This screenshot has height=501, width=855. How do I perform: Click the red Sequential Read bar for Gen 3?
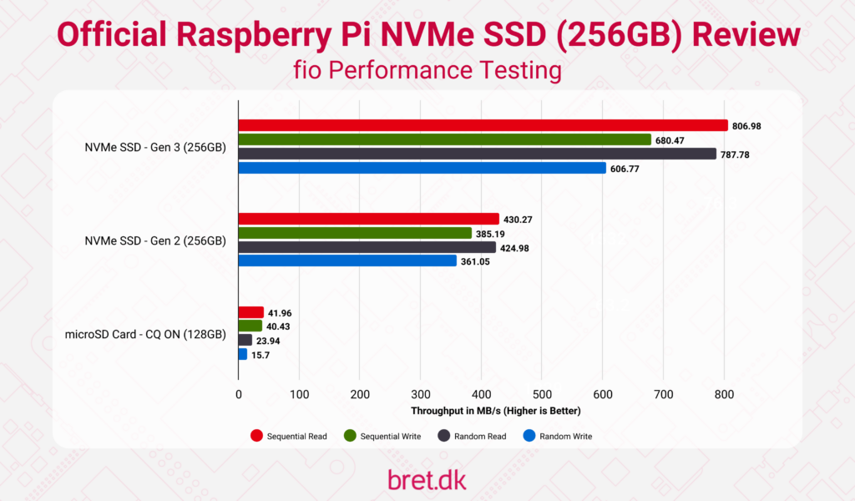[x=483, y=126]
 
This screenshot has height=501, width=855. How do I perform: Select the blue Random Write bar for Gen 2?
[x=347, y=261]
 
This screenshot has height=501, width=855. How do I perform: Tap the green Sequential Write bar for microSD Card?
[x=250, y=326]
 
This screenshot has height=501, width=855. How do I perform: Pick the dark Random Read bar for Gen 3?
[x=477, y=154]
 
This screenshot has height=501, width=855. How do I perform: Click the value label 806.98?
[x=746, y=126]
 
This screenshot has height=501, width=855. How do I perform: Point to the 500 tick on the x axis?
[x=542, y=393]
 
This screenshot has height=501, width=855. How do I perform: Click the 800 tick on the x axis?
[x=724, y=393]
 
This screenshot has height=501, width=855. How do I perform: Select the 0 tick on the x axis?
[x=239, y=393]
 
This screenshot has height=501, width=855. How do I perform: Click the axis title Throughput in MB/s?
[x=495, y=411]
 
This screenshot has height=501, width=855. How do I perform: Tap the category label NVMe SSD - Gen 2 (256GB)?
[x=155, y=240]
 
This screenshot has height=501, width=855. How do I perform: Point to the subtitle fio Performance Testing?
[x=427, y=70]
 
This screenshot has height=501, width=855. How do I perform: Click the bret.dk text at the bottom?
[x=427, y=479]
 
